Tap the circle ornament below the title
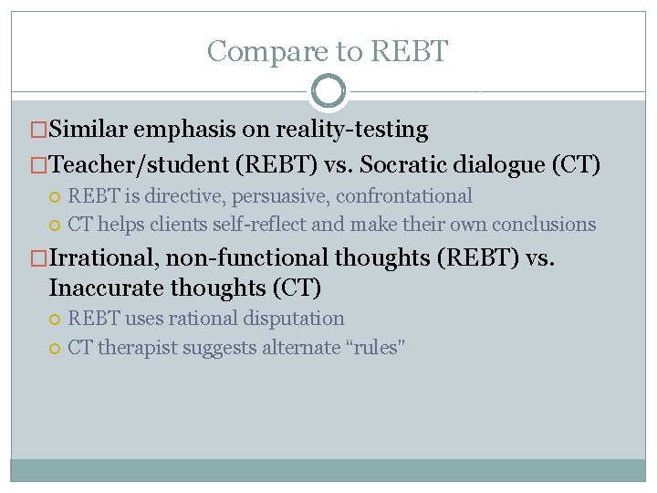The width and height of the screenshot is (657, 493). click(x=328, y=91)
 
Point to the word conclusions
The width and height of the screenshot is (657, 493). click(x=544, y=225)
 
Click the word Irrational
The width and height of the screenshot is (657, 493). click(x=101, y=258)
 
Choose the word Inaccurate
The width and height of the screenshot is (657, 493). click(x=108, y=288)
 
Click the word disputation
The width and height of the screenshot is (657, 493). click(x=294, y=319)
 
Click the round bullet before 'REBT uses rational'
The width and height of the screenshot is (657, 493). click(x=57, y=320)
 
